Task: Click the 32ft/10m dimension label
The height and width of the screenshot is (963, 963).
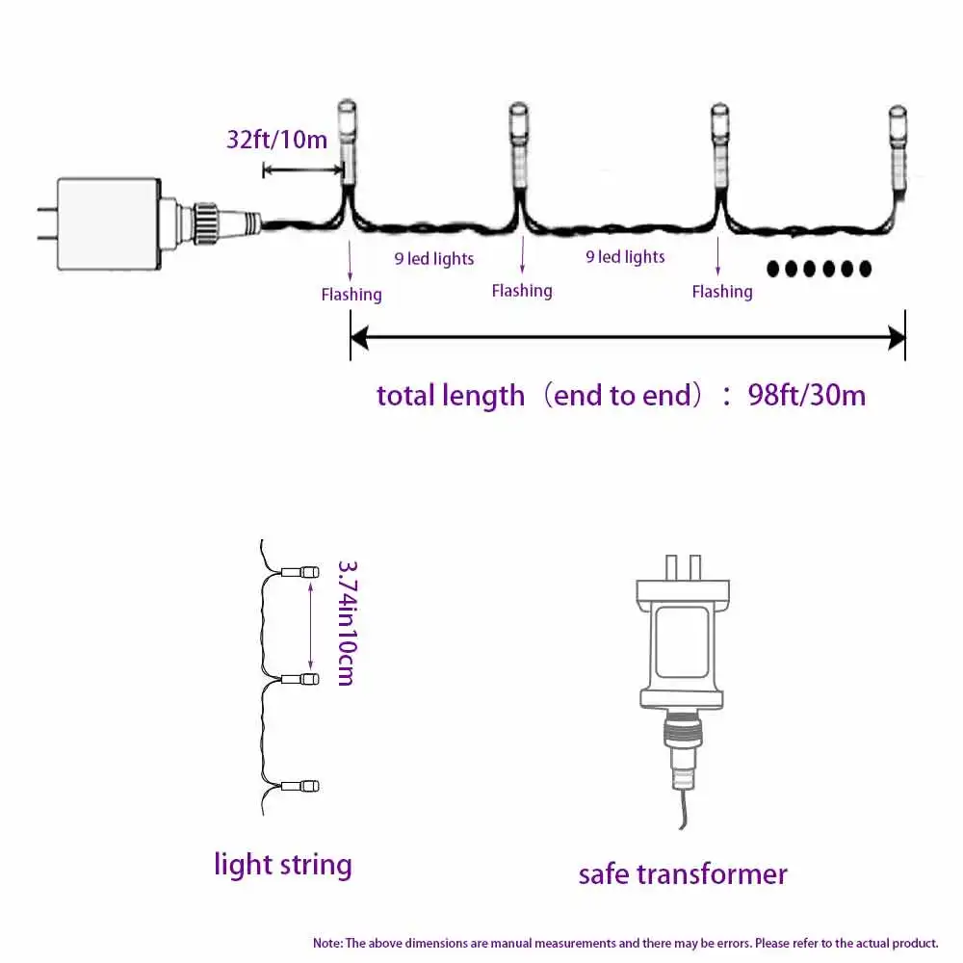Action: (276, 139)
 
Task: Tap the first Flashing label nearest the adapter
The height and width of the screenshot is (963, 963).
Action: (351, 295)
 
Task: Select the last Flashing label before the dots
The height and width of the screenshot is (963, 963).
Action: (722, 292)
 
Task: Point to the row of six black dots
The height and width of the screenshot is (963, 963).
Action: (819, 269)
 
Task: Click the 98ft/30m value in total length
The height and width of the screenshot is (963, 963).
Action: (807, 395)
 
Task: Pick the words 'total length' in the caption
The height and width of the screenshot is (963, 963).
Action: (451, 395)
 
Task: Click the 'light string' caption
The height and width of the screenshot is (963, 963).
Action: (283, 864)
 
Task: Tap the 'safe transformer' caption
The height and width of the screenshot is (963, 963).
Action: (683, 873)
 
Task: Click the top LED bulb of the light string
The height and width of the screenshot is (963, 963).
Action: (308, 573)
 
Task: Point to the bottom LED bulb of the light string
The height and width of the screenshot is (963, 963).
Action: (308, 786)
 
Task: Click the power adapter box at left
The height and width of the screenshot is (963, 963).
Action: (108, 224)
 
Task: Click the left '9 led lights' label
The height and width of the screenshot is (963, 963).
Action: (434, 258)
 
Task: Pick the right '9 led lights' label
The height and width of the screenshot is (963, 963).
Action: (626, 257)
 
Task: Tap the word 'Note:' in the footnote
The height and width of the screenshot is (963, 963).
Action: (327, 943)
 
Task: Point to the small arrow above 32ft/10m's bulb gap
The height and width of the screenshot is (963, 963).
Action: (303, 170)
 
